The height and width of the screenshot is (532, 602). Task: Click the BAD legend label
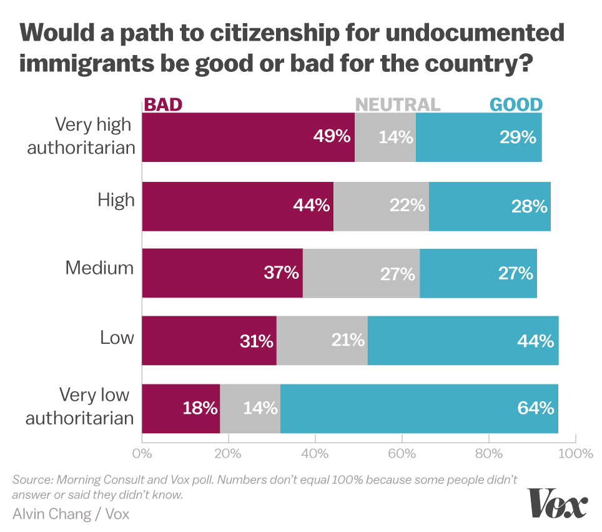point(163,104)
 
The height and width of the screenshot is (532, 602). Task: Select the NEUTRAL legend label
point(398,104)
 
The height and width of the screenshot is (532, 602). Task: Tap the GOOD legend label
point(516,104)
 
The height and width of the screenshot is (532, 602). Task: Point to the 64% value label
point(535,409)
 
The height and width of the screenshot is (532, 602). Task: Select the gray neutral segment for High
point(381,206)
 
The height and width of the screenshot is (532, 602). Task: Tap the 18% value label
point(200,409)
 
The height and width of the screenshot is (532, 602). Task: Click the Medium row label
point(100,268)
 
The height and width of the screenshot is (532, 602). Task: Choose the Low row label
point(117,338)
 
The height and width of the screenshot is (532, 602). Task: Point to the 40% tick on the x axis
point(315,453)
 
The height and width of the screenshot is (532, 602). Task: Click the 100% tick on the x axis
point(575,453)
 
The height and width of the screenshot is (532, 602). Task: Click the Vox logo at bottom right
point(558,504)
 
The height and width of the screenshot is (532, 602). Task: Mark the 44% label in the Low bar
point(535,341)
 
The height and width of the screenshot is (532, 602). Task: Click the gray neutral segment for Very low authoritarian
point(250,409)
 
